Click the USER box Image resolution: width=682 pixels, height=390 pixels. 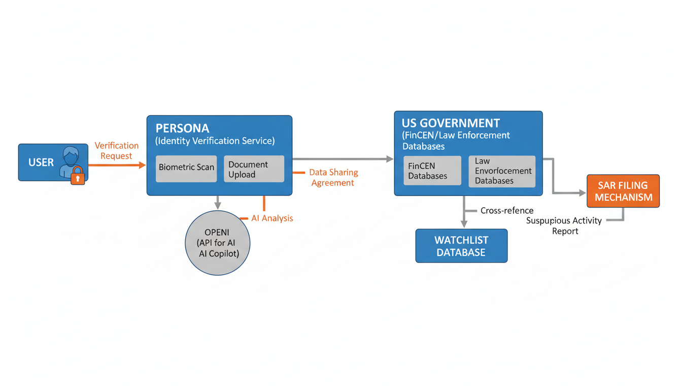pyautogui.click(x=41, y=162)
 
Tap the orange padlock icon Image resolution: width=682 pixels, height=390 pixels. pyautogui.click(x=78, y=176)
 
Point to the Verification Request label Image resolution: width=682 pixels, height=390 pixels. pyautogui.click(x=116, y=151)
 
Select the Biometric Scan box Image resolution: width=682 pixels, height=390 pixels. pyautogui.click(x=186, y=167)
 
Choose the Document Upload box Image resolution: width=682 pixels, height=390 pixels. pyautogui.click(x=253, y=169)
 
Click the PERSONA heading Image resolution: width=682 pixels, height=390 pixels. pyautogui.click(x=182, y=128)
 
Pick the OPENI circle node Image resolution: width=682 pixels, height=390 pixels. pyautogui.click(x=217, y=243)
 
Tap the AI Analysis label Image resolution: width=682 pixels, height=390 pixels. pyautogui.click(x=272, y=218)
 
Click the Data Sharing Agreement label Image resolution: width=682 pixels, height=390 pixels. pyautogui.click(x=333, y=178)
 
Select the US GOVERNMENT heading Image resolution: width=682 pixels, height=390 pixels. pyautogui.click(x=451, y=123)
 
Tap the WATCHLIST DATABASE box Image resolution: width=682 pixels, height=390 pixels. pyautogui.click(x=461, y=246)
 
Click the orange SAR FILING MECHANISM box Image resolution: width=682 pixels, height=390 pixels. pyautogui.click(x=623, y=191)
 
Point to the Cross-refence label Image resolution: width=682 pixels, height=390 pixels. pyautogui.click(x=506, y=210)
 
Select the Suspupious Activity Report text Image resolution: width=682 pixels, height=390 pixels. pyautogui.click(x=564, y=225)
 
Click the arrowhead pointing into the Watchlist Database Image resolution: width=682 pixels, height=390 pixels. pyautogui.click(x=463, y=223)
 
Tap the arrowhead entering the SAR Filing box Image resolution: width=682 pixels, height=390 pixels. pyautogui.click(x=583, y=193)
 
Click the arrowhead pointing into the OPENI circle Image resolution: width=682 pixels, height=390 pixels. pyautogui.click(x=218, y=205)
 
